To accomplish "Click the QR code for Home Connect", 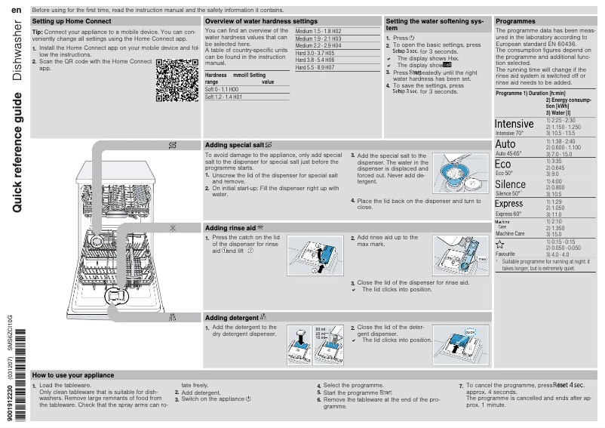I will (177, 82).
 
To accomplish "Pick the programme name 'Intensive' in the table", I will (514, 124).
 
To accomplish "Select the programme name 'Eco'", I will (502, 165).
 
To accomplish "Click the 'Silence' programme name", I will (510, 185).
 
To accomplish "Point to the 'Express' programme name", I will (508, 204).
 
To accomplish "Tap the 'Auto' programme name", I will (505, 144).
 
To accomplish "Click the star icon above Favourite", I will (499, 245).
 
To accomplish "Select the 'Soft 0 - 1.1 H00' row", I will (224, 89).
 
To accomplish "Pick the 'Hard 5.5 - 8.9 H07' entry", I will (315, 67).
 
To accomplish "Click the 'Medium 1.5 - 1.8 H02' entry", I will (318, 31).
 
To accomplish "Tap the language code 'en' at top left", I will (17, 9).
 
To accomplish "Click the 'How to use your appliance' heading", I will (73, 375).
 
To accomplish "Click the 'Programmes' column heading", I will (515, 22).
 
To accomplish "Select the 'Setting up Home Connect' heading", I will (72, 22).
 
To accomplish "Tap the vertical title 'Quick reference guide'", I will (17, 151).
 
